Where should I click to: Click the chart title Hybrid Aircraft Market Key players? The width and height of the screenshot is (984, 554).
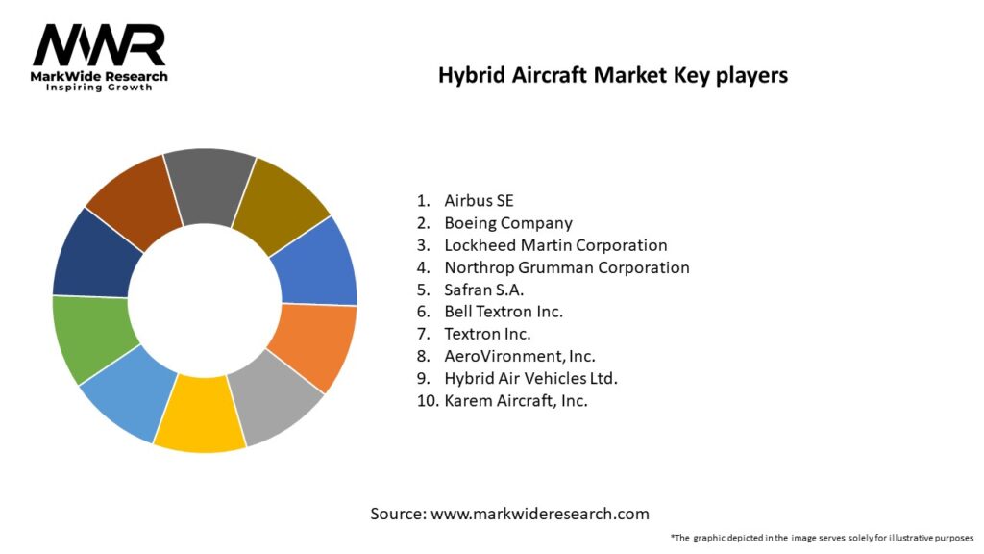point(613,75)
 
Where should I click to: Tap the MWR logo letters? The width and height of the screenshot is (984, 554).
point(99,45)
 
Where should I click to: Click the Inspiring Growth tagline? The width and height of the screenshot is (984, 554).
point(99,88)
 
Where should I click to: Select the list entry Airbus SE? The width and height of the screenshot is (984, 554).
point(479,201)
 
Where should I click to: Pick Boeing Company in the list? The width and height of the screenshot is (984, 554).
point(508,223)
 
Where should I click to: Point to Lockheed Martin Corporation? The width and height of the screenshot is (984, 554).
point(555,245)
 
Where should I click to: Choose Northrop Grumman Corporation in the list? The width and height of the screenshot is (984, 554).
point(567,267)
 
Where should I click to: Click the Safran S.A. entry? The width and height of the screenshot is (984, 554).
point(484,290)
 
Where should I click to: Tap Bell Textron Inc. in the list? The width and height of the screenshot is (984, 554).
point(504,312)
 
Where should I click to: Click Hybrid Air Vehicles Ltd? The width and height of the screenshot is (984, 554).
point(530,379)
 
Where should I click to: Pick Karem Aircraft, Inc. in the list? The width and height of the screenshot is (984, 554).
point(516,401)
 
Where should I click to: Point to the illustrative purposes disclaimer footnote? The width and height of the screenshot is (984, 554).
point(822,538)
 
